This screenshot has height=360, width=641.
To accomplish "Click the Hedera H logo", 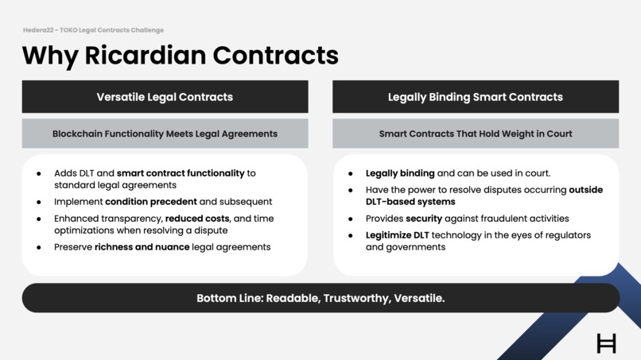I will click(606, 343).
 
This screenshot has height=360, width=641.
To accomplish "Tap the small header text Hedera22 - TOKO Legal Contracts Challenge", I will click(93, 30).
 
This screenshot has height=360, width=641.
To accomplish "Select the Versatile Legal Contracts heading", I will click(165, 97).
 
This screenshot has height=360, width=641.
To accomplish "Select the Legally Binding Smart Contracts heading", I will click(475, 97).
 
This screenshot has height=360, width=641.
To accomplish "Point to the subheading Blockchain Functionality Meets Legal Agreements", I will click(165, 134).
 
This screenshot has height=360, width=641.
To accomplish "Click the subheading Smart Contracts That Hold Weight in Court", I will click(475, 134).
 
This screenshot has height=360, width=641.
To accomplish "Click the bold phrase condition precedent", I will click(151, 202).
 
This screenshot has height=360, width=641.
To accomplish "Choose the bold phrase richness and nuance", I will click(142, 247).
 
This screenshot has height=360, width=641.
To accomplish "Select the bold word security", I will click(424, 219).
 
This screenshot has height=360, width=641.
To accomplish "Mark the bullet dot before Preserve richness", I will click(39, 247).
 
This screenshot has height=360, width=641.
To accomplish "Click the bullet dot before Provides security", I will click(351, 219).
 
